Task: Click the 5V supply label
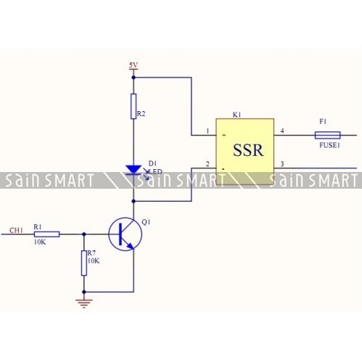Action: pos(133,65)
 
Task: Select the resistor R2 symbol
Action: pos(133,106)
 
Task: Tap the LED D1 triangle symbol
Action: pos(133,170)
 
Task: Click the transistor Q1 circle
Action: pos(126,234)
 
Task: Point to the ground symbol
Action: pos(84,303)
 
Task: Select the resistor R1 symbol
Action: pos(47,234)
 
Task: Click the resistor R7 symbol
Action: pos(84,263)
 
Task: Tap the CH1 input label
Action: pos(16,230)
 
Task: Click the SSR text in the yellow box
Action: pos(248,150)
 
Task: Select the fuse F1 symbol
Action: pos(327,135)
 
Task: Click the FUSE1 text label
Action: pos(329,145)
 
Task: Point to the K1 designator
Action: pos(236,115)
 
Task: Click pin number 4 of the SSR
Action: pos(282,131)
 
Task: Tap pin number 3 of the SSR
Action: pos(282,164)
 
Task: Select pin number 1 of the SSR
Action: pos(207,131)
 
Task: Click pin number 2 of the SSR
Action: pos(207,164)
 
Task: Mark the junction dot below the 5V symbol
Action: pos(133,78)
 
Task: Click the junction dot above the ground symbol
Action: pos(84,292)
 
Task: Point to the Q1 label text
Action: pos(146,222)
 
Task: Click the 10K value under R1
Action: pos(40,242)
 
